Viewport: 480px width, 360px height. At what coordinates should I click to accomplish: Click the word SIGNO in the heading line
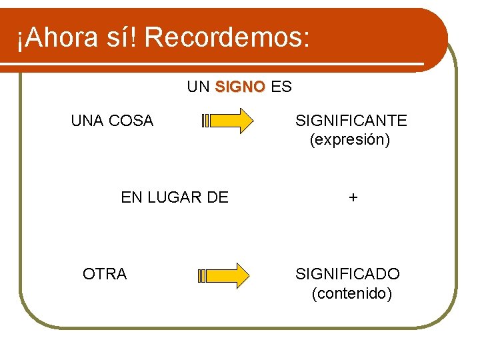click(x=240, y=87)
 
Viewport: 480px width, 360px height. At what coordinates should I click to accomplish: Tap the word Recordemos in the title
click(x=226, y=39)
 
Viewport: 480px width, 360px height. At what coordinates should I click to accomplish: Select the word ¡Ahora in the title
click(x=56, y=39)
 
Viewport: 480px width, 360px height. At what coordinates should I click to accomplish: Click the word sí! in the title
click(x=123, y=39)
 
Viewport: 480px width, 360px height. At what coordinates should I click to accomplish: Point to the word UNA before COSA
click(x=87, y=121)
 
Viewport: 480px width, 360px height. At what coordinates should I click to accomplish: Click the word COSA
click(x=130, y=121)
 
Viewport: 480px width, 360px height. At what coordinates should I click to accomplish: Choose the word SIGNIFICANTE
click(x=351, y=121)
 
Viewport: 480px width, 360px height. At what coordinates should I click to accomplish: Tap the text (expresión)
click(x=350, y=141)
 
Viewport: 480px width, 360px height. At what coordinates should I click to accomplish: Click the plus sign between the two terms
click(x=353, y=197)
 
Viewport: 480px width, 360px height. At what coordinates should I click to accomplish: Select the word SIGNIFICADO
click(x=347, y=274)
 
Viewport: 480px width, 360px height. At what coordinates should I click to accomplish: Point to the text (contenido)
click(x=351, y=294)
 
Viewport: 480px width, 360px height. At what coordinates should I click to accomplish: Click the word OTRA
click(x=105, y=274)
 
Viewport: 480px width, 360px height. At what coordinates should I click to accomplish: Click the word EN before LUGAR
click(x=131, y=197)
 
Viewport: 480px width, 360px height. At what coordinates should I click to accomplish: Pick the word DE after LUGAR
click(x=218, y=197)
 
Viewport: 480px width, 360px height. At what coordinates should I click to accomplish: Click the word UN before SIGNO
click(x=199, y=87)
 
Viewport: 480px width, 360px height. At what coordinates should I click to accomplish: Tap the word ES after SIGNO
click(x=281, y=87)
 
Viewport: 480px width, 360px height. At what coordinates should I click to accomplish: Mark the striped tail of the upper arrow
click(x=205, y=121)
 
